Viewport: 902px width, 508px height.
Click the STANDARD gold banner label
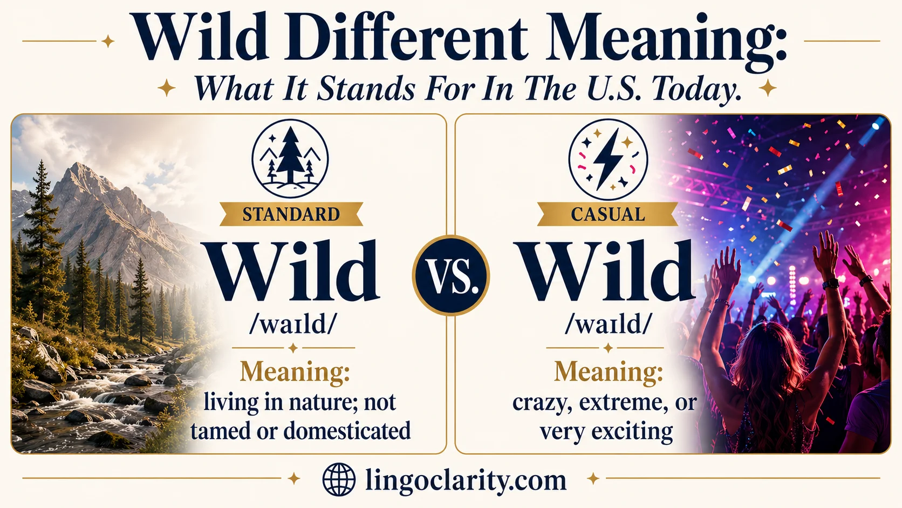[x=291, y=214]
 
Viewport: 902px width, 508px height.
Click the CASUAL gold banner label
[x=607, y=214]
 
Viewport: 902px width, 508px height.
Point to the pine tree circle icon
[x=290, y=158]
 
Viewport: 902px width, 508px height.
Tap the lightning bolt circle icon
[x=608, y=158]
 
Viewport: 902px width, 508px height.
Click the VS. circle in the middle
[x=451, y=275]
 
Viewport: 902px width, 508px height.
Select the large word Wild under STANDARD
[x=292, y=271]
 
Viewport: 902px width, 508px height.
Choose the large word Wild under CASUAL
[x=606, y=271]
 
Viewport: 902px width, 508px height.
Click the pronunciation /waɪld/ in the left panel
[x=293, y=324]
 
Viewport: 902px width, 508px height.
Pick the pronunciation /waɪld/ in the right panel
[x=608, y=324]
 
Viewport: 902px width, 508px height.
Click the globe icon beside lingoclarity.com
[x=339, y=479]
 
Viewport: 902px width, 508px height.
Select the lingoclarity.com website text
[x=466, y=480]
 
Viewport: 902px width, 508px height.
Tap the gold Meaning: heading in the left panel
[x=295, y=372]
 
